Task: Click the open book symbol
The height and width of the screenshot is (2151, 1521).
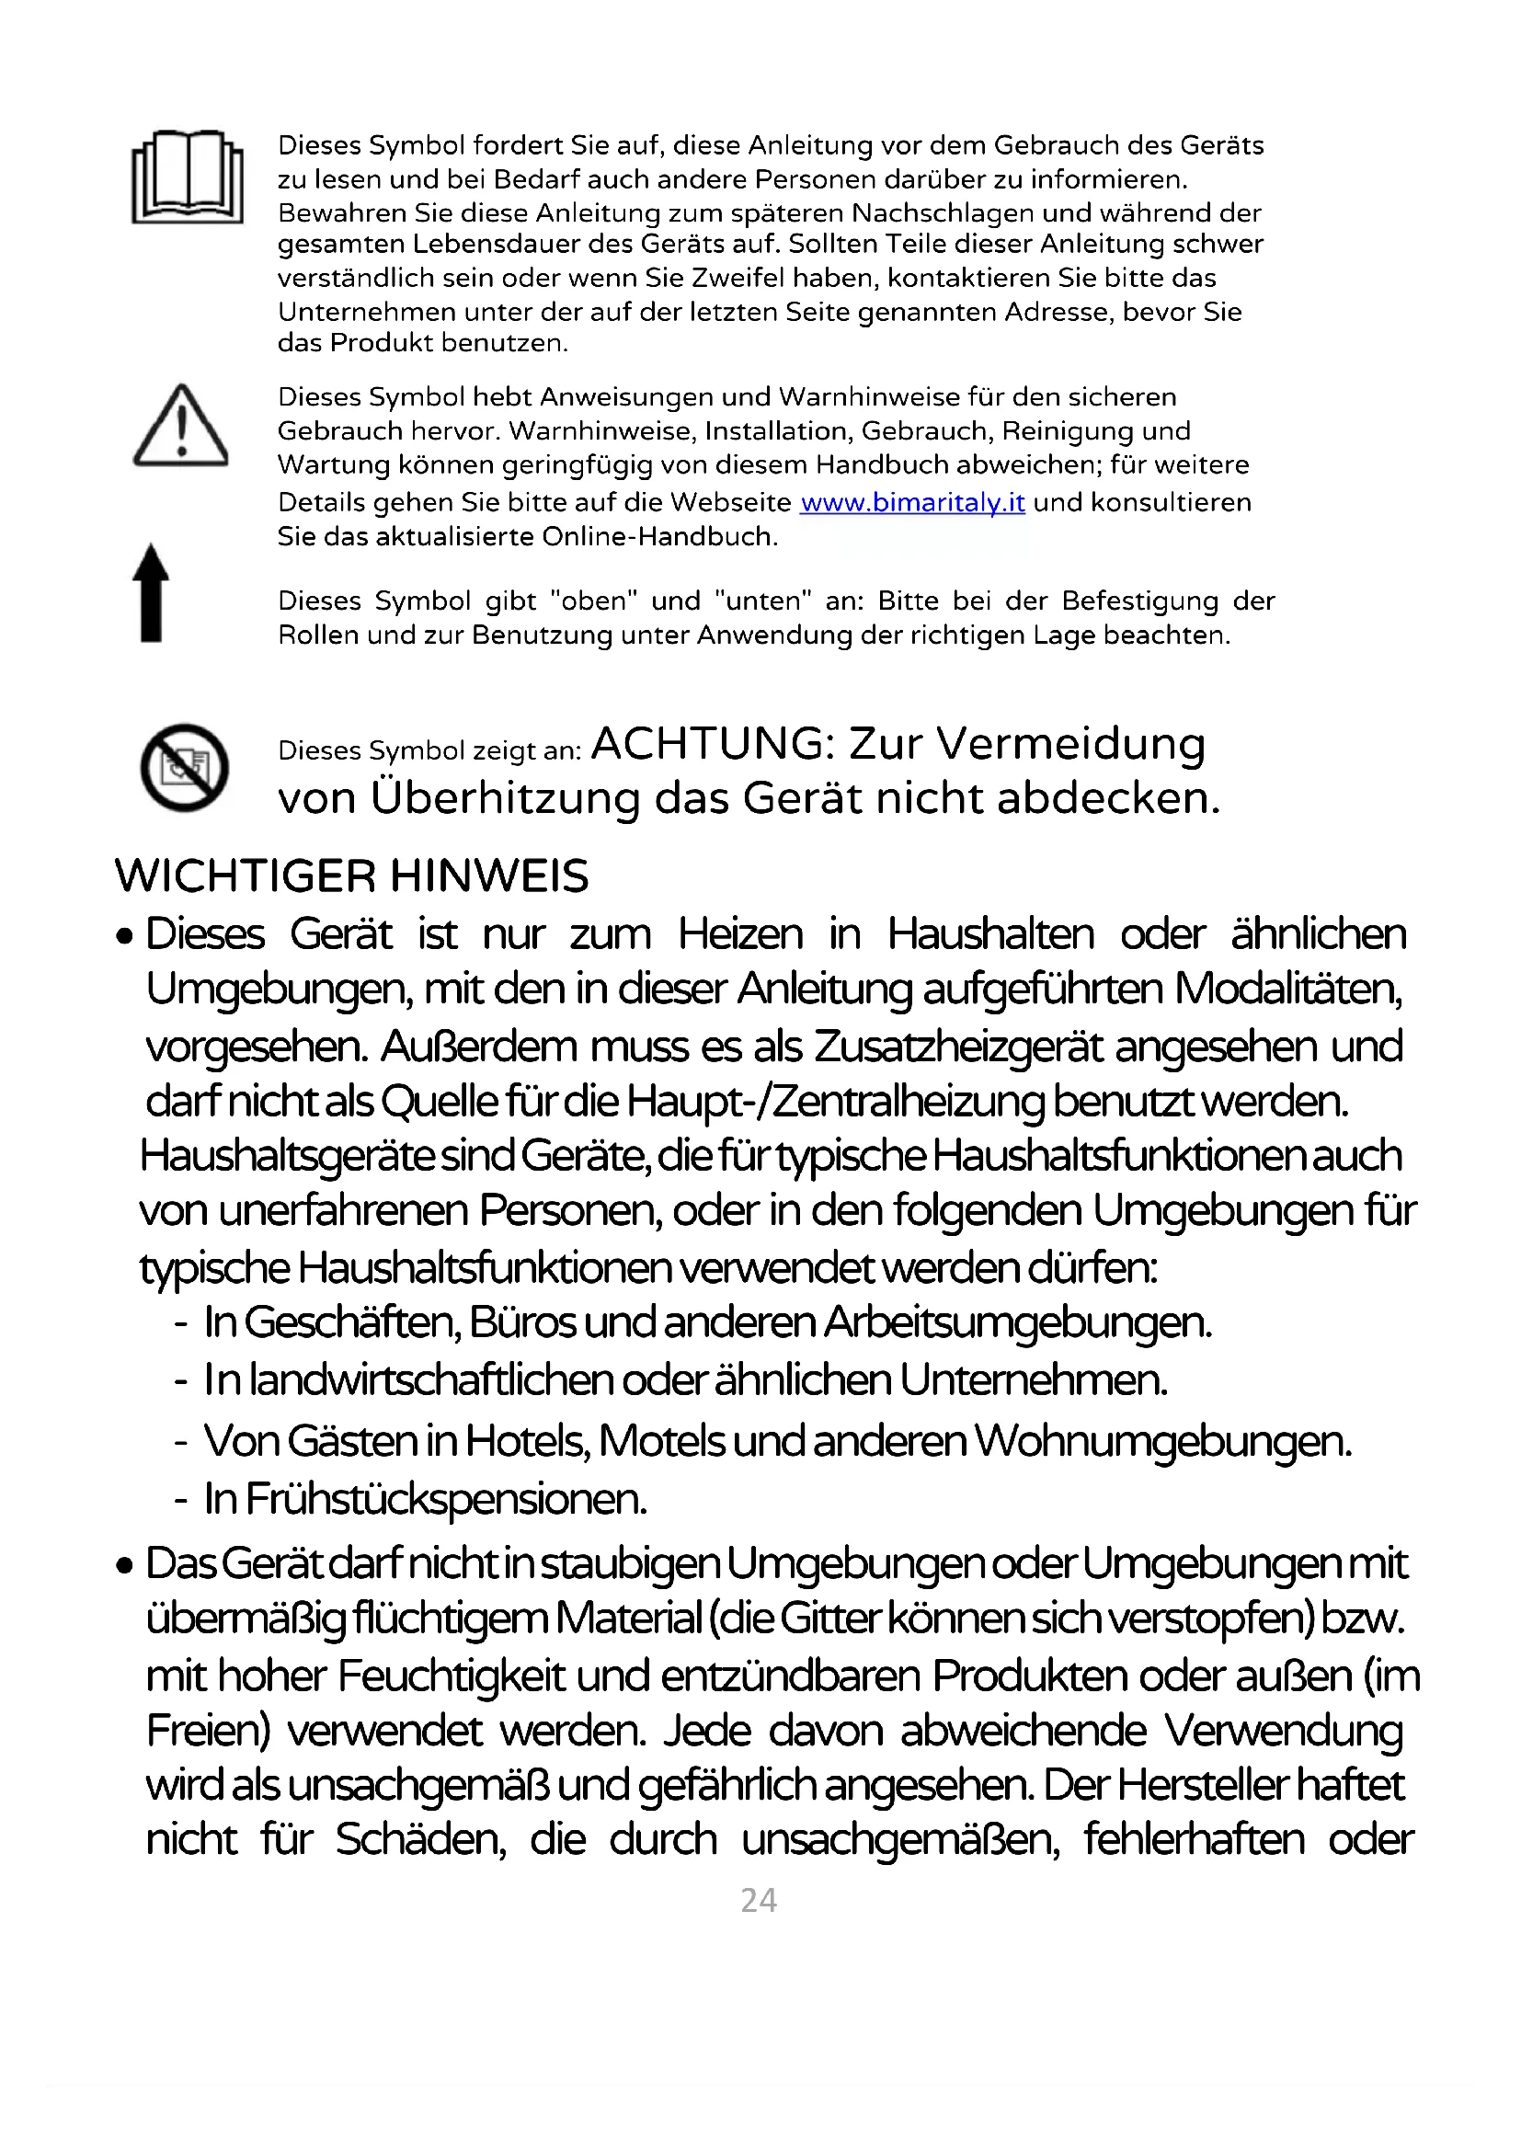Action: click(x=188, y=177)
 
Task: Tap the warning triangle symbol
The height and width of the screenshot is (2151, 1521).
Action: click(x=181, y=428)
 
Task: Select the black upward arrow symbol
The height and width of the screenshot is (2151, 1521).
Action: click(x=151, y=593)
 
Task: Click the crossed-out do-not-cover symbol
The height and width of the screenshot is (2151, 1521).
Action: click(x=185, y=767)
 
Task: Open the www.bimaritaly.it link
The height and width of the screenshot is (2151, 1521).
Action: click(x=912, y=503)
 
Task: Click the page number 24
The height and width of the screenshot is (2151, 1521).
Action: click(x=759, y=1901)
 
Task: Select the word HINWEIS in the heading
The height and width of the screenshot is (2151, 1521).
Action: click(x=488, y=877)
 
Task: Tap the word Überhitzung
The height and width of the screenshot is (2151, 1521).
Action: click(x=505, y=799)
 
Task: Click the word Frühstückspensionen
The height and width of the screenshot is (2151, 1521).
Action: click(x=446, y=1499)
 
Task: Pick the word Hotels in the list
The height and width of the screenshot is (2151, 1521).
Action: click(x=527, y=1441)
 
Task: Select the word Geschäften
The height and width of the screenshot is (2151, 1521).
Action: click(x=351, y=1322)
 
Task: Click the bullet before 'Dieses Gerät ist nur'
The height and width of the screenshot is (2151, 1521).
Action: click(x=124, y=937)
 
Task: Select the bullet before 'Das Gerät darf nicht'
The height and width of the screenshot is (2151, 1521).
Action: click(x=124, y=1566)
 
